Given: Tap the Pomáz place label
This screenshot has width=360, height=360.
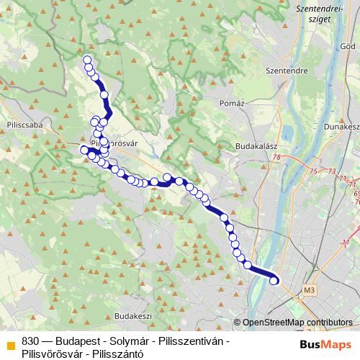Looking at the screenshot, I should pos(232,104).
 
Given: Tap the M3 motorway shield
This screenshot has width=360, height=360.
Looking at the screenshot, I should pos(310,290).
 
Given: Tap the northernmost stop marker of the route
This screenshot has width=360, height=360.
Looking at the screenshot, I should pos(87,60).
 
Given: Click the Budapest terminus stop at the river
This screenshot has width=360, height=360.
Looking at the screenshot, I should pos(274,281).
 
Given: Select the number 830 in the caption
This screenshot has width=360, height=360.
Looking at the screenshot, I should pos(30,341).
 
